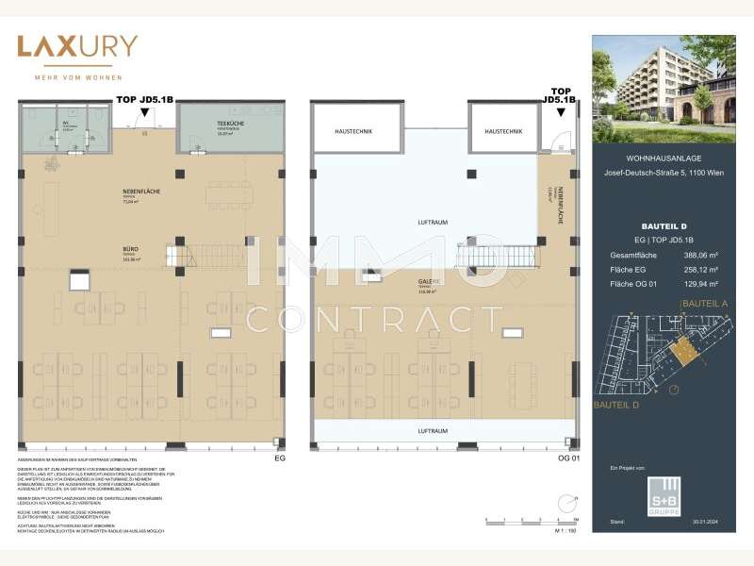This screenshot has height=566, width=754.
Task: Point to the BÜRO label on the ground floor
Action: [x=129, y=249]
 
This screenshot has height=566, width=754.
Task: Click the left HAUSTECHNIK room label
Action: [x=353, y=130]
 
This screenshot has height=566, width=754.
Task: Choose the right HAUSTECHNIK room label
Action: [x=503, y=130]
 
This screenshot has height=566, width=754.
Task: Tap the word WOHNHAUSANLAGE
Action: [x=664, y=158]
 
